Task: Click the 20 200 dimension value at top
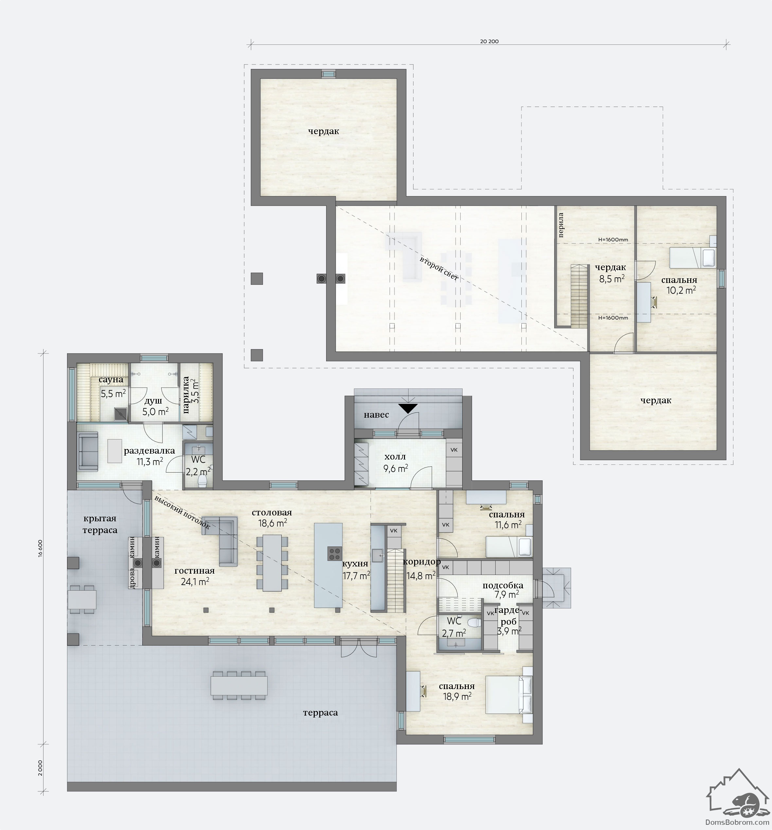(489, 41)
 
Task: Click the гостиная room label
(195, 571)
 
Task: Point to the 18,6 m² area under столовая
(272, 523)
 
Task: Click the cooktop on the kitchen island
(334, 553)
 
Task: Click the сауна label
(111, 379)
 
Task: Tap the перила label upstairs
(561, 225)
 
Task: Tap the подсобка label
(503, 585)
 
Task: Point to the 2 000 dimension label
(41, 768)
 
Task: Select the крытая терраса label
(100, 524)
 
